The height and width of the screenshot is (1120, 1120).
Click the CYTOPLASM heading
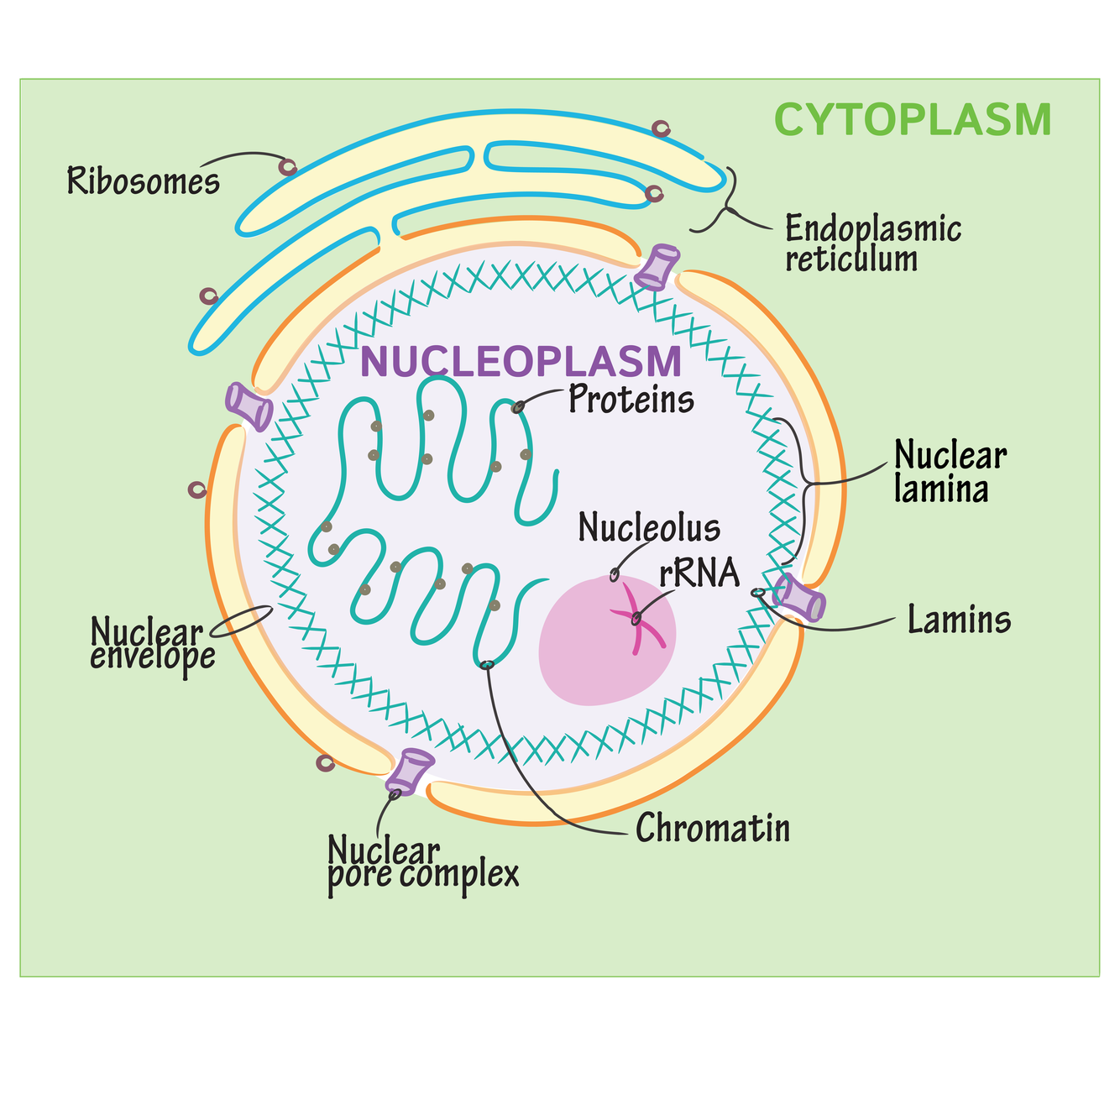912,119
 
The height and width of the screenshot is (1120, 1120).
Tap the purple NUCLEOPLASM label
520,362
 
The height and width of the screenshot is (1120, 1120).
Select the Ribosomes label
144,181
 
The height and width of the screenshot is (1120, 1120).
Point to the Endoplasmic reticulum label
872,243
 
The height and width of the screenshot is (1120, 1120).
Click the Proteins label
631,400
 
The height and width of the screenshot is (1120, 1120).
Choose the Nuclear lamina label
949,472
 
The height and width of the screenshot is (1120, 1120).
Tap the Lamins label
959,620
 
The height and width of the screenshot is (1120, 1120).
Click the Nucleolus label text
649,528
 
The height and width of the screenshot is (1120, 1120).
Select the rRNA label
699,573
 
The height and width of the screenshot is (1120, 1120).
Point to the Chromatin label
713,829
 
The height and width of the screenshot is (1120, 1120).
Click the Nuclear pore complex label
423,862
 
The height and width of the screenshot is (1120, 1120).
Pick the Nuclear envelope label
151,644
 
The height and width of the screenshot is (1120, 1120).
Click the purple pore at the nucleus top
657,267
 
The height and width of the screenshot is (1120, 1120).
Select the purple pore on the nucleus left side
249,406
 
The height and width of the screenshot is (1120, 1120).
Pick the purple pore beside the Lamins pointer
800,598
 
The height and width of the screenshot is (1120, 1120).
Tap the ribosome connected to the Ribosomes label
288,166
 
